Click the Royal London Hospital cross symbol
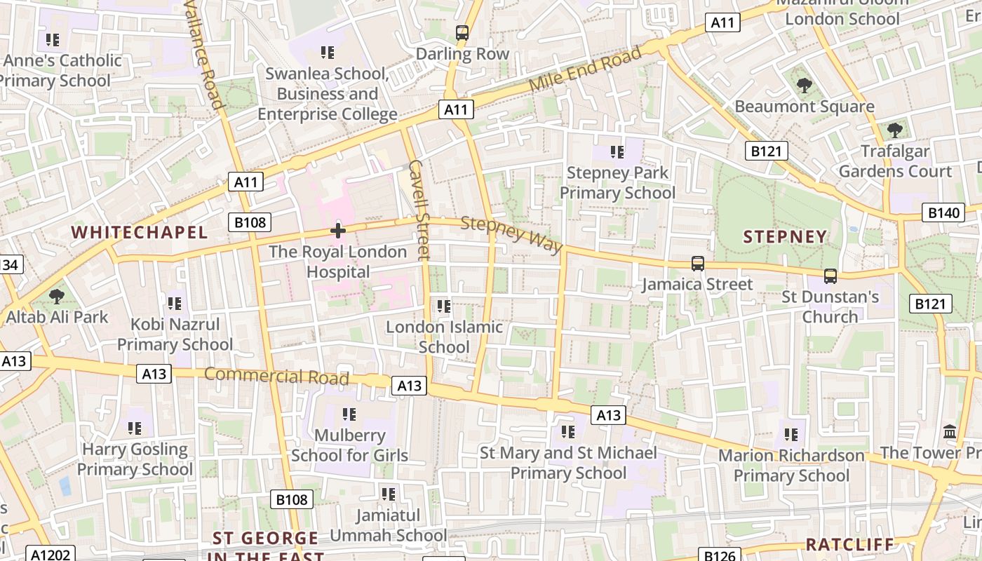pos(338,230)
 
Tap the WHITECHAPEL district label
pos(140,232)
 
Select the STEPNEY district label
pos(785,236)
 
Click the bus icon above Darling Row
pos(462,32)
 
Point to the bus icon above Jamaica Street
pos(697,264)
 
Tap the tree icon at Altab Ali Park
pos(57,297)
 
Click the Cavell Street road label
pos(418,210)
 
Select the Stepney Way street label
pos(512,234)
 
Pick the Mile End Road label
pos(585,68)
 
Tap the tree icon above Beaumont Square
pos(804,86)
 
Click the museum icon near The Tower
pos(950,431)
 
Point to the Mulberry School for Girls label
pos(349,445)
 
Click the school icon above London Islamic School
pos(444,306)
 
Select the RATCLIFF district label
pos(849,544)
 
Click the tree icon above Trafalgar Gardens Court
pos(894,130)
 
